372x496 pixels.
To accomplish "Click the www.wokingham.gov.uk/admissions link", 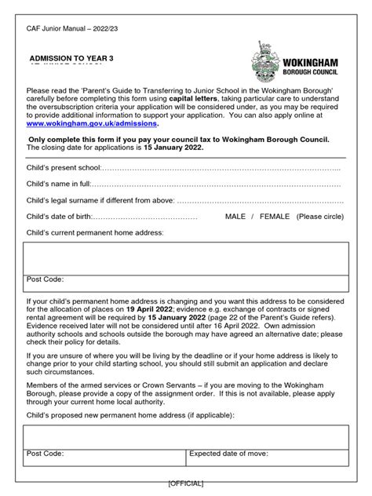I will tap(92, 123).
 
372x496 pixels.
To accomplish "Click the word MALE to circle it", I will tap(238, 216).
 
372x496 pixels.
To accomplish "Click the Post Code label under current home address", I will tap(46, 279).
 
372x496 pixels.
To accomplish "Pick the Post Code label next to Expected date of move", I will tap(46, 454).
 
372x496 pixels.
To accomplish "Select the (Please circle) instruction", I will tap(319, 216).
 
